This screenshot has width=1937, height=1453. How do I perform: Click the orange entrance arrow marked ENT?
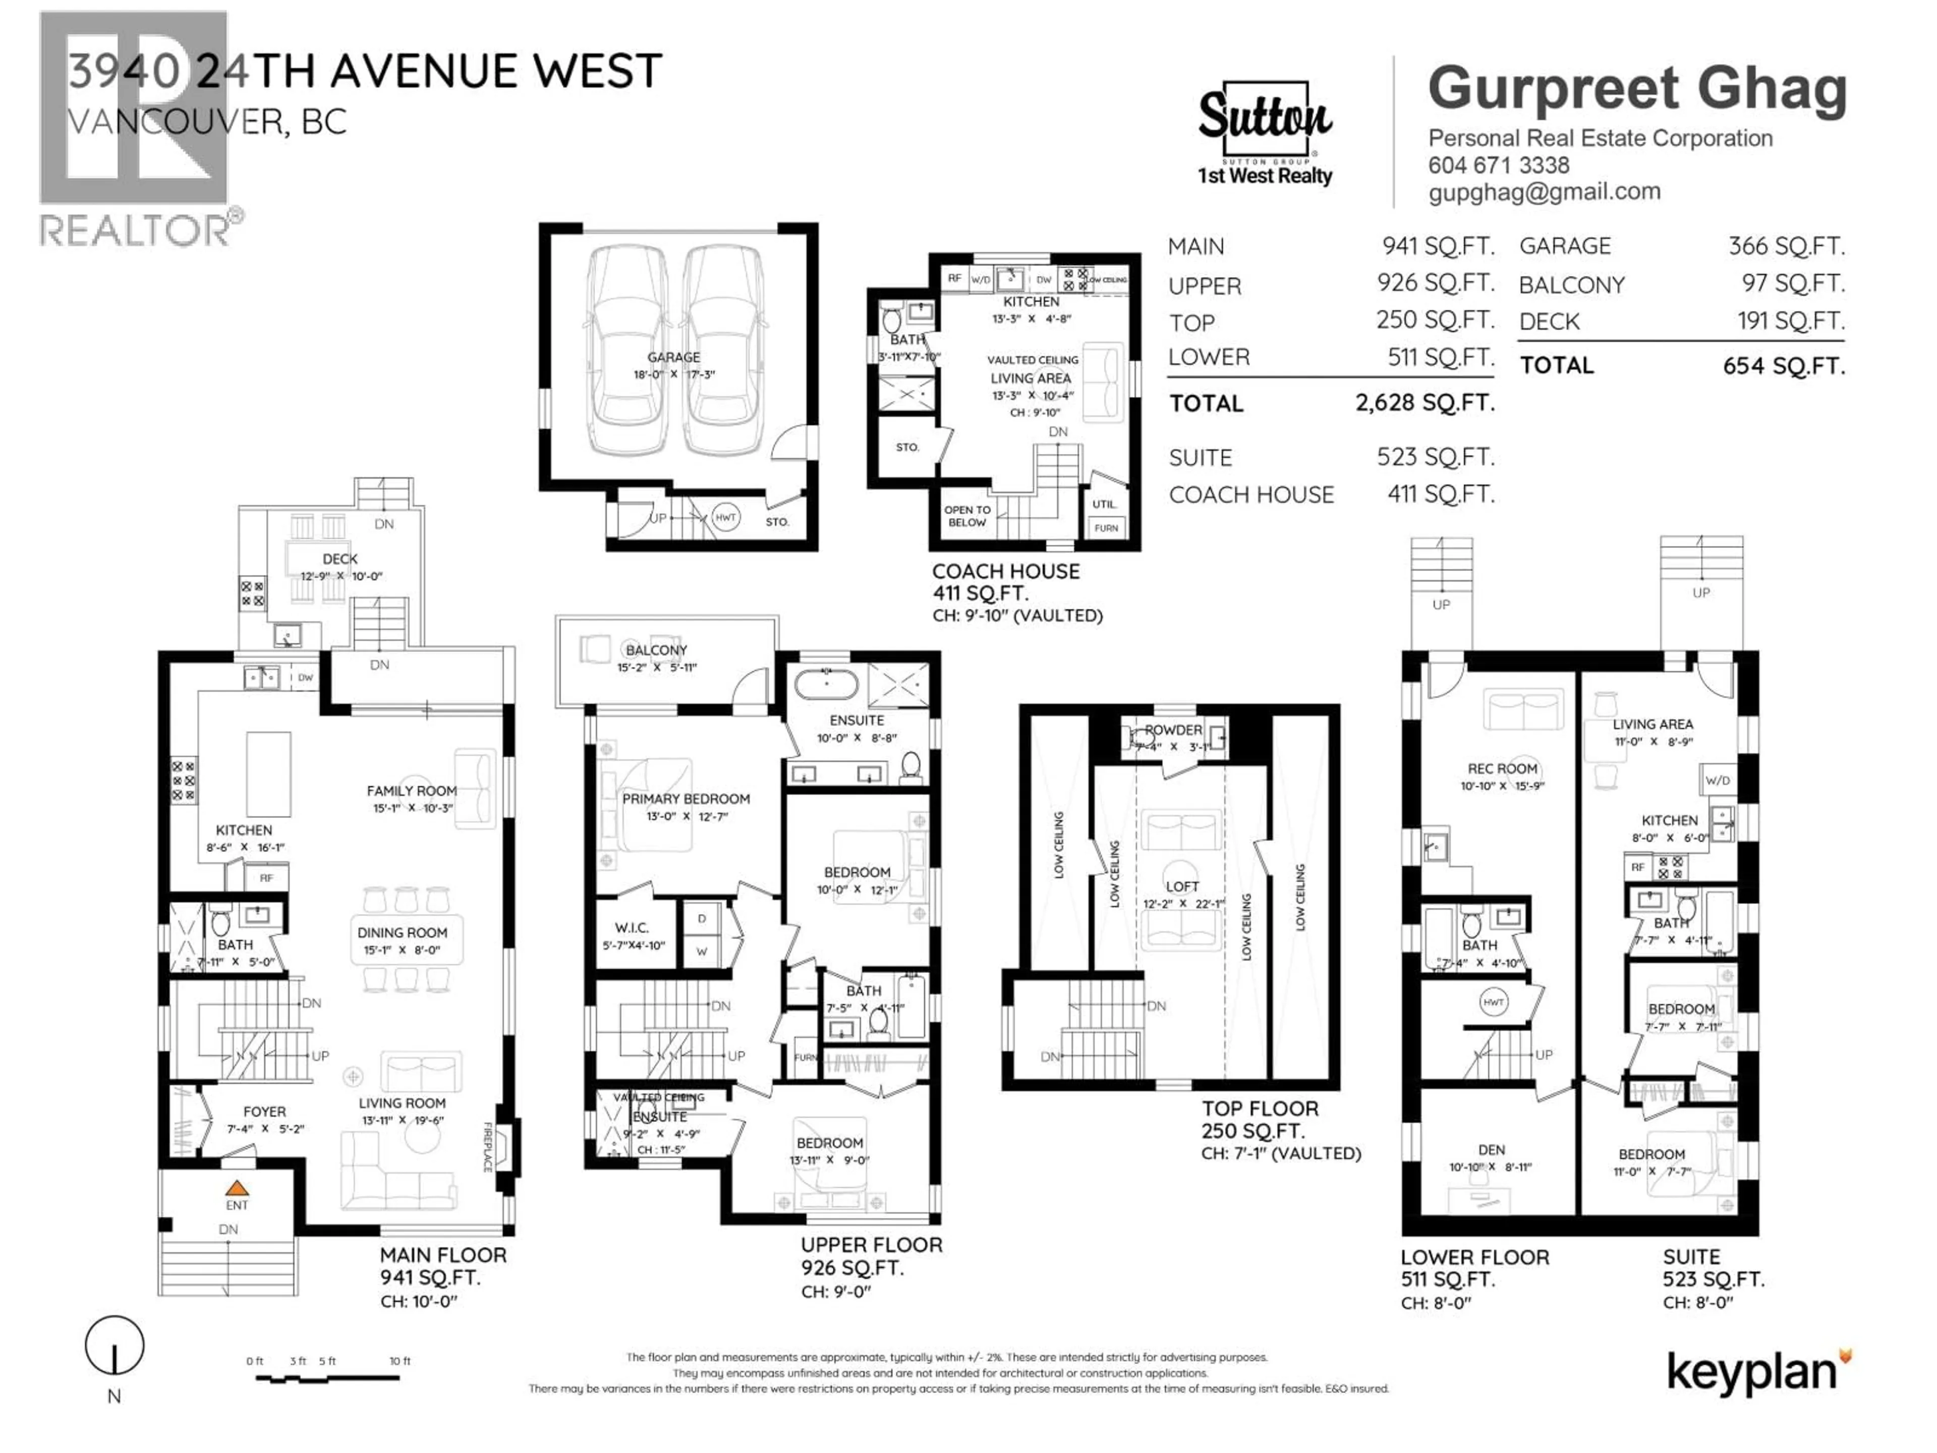pos(237,1189)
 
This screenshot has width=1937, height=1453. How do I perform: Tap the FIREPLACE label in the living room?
pos(488,1146)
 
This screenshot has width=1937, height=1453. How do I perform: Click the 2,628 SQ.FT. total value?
pos(1425,403)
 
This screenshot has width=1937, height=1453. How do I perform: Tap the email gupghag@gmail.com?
pos(1544,192)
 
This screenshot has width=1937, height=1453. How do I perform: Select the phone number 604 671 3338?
pos(1498,164)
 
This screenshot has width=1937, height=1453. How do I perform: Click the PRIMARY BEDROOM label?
pos(686,799)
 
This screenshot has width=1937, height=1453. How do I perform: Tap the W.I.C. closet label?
pos(632,927)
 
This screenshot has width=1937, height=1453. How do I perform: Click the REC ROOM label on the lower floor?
pos(1502,768)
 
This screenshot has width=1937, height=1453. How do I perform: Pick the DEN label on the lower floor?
pos(1491,1150)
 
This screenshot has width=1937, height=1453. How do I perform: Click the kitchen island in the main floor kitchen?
pos(268,775)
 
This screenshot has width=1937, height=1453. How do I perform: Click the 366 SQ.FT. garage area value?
pos(1786,246)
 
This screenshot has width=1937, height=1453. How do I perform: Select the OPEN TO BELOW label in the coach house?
pos(967,516)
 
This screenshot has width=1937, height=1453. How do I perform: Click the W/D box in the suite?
pos(1717,779)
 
